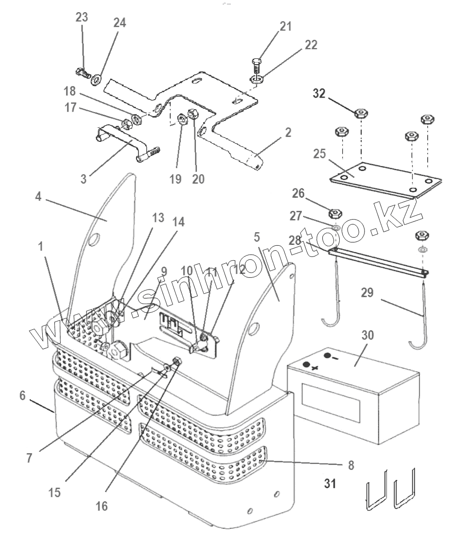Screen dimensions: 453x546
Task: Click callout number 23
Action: click(x=82, y=17)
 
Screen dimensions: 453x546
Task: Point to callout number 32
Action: click(x=319, y=94)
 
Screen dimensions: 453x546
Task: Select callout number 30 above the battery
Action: click(x=367, y=335)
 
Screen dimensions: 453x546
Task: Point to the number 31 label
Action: click(x=330, y=484)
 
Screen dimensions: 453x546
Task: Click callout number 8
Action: click(x=351, y=465)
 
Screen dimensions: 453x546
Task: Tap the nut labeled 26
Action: click(x=335, y=213)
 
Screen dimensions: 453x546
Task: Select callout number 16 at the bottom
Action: click(x=102, y=506)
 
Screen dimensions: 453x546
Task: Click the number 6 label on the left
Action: click(x=23, y=395)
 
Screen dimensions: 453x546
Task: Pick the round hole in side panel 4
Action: click(x=94, y=240)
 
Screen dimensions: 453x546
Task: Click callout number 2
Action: click(x=288, y=133)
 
